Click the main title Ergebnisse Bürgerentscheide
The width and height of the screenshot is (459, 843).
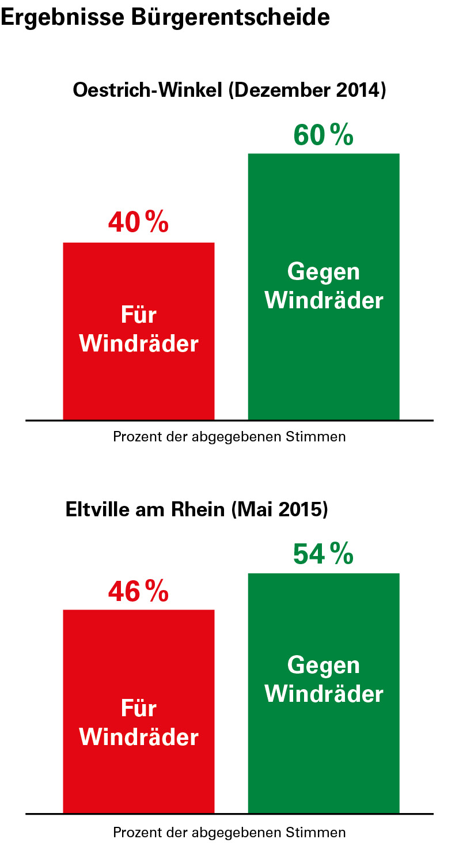[x=165, y=17]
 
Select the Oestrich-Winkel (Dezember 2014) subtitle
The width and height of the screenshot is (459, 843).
[x=229, y=91]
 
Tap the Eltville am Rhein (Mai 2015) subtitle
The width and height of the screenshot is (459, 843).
[x=196, y=510]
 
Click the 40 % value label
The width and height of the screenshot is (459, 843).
[x=138, y=222]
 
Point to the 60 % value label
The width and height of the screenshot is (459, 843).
[x=323, y=135]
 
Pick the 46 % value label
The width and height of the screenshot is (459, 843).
[x=138, y=591]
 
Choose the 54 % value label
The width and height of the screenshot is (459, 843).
[x=323, y=554]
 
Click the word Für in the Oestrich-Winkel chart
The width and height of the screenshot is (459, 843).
[x=139, y=315]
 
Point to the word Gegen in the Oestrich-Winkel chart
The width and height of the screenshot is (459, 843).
[x=323, y=271]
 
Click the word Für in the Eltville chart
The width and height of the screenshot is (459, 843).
[x=139, y=709]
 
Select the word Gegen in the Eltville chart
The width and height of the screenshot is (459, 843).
[x=323, y=666]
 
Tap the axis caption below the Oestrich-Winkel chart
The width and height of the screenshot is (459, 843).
[x=229, y=437]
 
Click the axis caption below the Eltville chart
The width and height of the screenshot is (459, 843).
[x=229, y=832]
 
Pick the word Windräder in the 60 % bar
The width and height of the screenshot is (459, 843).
[x=324, y=300]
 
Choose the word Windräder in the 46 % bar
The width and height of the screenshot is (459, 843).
[x=139, y=738]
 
